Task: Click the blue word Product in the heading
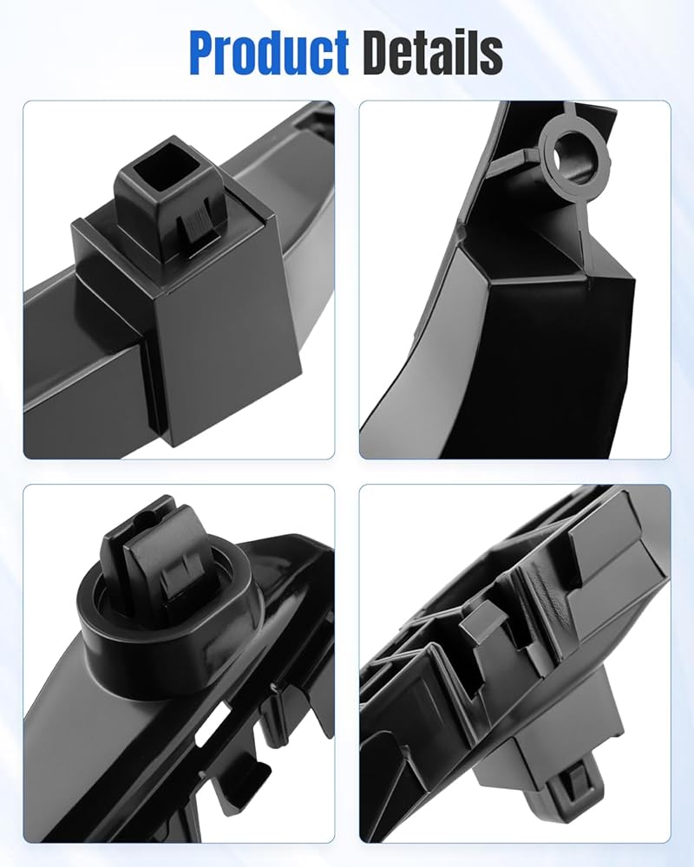269,53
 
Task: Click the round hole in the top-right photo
574,156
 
